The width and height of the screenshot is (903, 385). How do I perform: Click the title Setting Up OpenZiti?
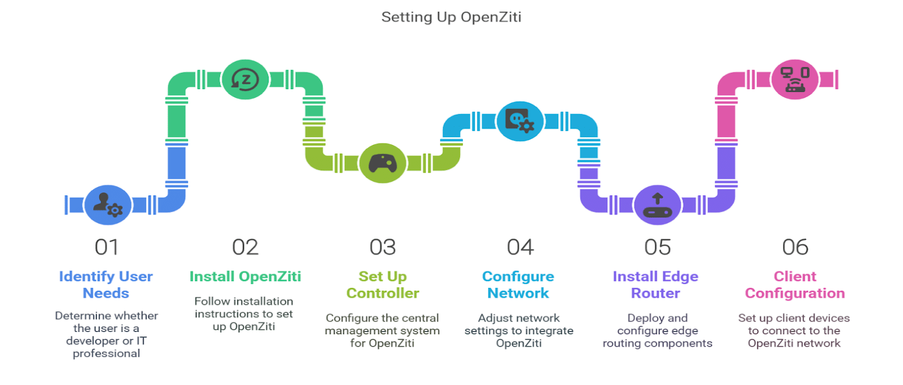pos(451,17)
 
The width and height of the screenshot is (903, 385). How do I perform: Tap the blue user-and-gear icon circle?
pos(107,205)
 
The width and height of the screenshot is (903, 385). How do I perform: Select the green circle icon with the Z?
pos(245,80)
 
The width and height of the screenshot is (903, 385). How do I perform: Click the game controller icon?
pos(383,163)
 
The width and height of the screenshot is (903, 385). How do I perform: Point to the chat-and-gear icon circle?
pos(520,121)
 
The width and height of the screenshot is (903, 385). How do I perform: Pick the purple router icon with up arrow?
pos(657,205)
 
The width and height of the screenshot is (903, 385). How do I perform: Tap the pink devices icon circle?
pos(795,80)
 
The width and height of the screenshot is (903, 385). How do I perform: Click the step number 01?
pos(107,247)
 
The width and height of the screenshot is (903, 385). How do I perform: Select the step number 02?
pos(245,247)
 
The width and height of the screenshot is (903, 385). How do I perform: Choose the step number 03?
pos(383,247)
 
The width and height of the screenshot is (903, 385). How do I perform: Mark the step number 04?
pos(520,247)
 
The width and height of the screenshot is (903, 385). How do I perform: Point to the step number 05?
pos(657,247)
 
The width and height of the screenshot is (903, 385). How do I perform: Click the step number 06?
pos(795,247)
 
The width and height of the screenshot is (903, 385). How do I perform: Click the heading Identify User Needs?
pos(106,285)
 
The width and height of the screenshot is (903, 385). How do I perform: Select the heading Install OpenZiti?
pos(245,277)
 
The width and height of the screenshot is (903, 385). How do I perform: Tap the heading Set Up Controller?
pos(383,285)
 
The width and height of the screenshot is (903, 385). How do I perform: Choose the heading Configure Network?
pos(518,285)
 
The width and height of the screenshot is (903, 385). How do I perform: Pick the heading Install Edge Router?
pos(656,285)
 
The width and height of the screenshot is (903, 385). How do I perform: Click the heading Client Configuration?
pos(795,285)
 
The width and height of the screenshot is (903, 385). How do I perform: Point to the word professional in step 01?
pos(107,353)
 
